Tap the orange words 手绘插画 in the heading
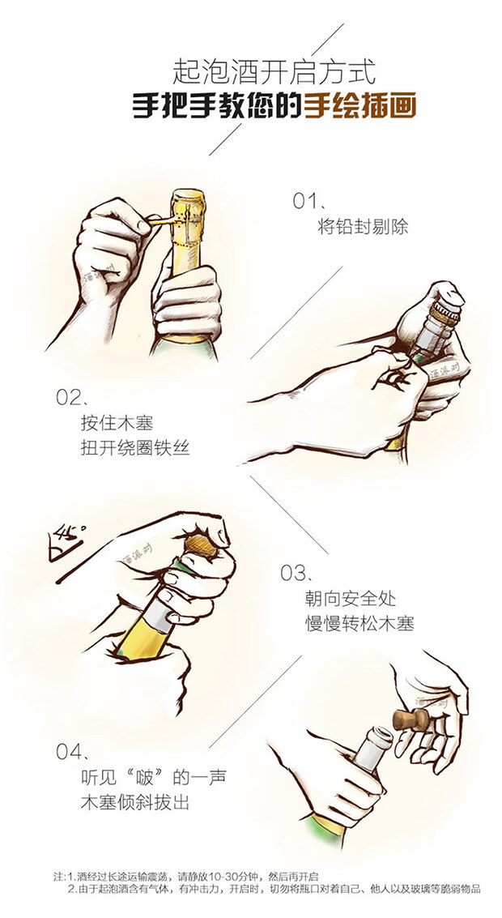click(360, 107)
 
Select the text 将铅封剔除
click(363, 226)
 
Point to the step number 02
click(70, 397)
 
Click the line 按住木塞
click(117, 422)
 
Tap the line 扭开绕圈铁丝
click(135, 448)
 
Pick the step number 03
click(294, 573)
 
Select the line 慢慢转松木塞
click(359, 624)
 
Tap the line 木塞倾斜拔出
click(135, 801)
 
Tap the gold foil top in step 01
click(187, 216)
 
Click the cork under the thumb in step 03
click(202, 546)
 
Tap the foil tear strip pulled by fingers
click(160, 220)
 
